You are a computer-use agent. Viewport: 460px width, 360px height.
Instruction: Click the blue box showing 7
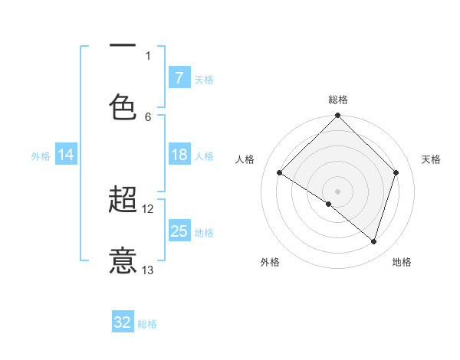[179, 78]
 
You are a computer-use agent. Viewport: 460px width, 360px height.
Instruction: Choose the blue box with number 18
[179, 155]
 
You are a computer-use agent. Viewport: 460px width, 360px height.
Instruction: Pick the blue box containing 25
[179, 231]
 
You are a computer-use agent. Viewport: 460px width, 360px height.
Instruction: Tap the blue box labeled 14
[66, 155]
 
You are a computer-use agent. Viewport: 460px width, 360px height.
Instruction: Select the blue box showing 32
[123, 322]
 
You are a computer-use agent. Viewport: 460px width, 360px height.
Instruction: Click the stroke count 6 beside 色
[148, 116]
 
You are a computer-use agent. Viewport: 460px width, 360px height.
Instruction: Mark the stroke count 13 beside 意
[148, 270]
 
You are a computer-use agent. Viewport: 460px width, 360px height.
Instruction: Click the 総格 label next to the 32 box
[148, 324]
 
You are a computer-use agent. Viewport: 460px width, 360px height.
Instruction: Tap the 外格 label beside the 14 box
[41, 156]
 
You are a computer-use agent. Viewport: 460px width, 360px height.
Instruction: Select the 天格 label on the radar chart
[431, 159]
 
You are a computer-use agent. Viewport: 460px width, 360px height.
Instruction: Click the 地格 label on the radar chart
[402, 262]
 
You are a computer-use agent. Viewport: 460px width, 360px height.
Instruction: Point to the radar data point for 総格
[337, 116]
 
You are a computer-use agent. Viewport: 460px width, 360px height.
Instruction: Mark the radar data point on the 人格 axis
[280, 173]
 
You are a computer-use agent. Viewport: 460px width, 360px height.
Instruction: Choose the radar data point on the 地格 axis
[373, 241]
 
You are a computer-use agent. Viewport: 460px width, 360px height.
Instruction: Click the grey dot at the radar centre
[337, 191]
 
